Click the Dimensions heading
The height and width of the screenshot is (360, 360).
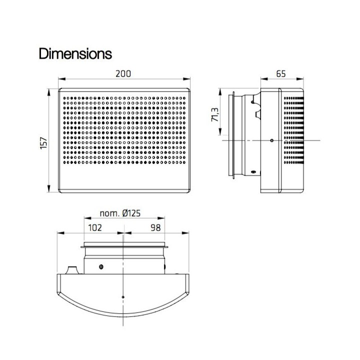tap(75, 53)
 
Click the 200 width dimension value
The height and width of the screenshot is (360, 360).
tap(123, 74)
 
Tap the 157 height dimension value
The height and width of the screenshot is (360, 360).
tap(43, 143)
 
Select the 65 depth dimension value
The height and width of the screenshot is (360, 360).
tap(281, 74)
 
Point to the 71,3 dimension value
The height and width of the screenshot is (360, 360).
tap(215, 115)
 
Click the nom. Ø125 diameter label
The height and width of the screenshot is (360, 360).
tap(120, 213)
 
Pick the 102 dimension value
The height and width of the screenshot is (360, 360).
tap(95, 228)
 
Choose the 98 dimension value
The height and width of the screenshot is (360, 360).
tap(155, 228)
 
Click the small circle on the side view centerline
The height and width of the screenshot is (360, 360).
tap(272, 140)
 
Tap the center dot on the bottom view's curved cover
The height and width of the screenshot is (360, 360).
tap(123, 297)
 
